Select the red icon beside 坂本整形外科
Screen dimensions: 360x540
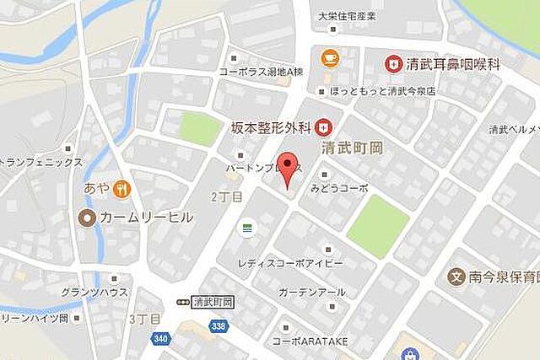(321, 128)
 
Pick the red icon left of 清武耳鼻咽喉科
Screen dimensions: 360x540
(392, 62)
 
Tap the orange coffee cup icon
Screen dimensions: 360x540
(328, 57)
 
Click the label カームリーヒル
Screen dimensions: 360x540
(148, 218)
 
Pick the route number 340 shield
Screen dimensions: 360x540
(160, 338)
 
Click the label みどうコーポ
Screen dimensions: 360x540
(339, 188)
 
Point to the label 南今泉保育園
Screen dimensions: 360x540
(503, 277)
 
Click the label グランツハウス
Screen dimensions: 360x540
(94, 292)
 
